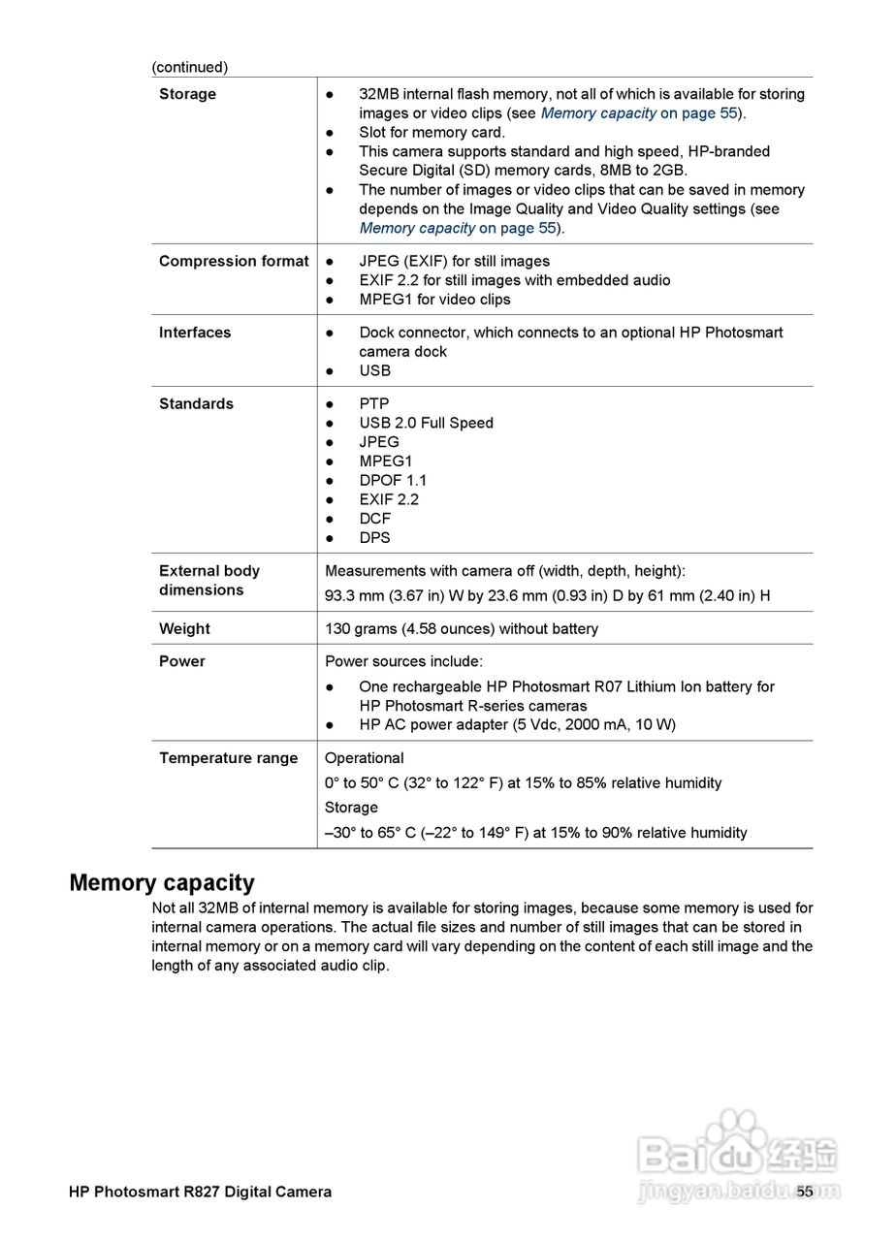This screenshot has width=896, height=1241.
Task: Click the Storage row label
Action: click(x=187, y=94)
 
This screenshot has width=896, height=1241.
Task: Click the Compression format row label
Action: click(x=234, y=261)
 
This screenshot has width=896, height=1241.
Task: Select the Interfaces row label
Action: click(x=195, y=333)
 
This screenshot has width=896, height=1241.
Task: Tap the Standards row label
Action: click(x=196, y=404)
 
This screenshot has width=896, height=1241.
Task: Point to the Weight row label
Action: click(x=184, y=628)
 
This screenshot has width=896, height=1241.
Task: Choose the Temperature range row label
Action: click(x=228, y=758)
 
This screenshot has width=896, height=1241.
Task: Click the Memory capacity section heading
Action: click(x=162, y=882)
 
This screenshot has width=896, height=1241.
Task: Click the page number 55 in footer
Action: click(x=805, y=1192)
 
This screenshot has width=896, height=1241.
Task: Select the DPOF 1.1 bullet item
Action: click(x=393, y=480)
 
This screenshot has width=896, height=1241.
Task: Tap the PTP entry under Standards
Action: click(x=373, y=404)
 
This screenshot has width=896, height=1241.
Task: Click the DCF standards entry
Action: click(x=374, y=519)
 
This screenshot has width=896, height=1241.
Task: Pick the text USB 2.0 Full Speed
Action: click(x=426, y=423)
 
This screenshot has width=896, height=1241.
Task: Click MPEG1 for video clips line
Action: click(x=434, y=300)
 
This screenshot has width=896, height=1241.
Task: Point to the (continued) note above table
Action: click(x=189, y=67)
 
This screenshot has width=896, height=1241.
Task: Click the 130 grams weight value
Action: click(x=462, y=628)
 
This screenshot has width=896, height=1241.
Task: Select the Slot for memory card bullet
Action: click(x=432, y=133)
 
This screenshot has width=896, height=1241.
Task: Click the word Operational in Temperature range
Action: click(x=364, y=758)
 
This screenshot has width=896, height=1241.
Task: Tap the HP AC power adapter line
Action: click(x=517, y=725)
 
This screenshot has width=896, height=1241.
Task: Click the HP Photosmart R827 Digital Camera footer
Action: click(x=200, y=1192)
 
